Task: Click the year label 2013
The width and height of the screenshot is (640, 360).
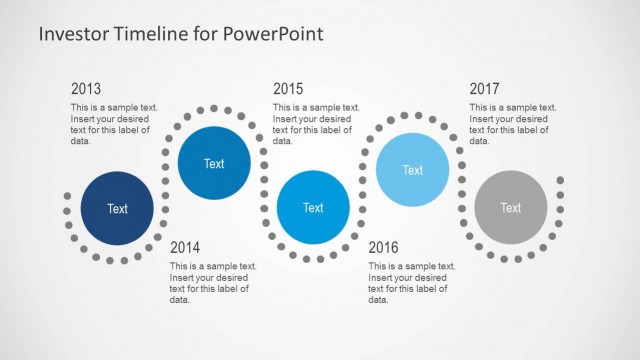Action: point(86,89)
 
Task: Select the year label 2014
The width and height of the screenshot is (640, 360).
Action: point(186,247)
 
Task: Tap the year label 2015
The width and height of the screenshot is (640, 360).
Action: point(288,89)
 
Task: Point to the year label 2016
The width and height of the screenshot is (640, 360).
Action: point(384,247)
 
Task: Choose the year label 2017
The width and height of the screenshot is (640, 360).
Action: point(485,89)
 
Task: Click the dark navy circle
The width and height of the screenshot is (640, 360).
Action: point(118,209)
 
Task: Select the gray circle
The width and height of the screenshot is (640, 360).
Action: point(510,208)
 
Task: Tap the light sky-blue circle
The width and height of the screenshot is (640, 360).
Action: point(412,170)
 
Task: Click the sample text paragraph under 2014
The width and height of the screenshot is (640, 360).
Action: point(213,282)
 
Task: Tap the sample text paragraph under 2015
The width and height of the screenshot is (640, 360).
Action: point(315,124)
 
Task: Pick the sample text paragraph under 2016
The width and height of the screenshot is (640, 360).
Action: point(411,282)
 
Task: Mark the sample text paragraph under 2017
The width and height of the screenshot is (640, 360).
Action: point(512,124)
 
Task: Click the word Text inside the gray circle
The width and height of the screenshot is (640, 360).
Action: point(510,208)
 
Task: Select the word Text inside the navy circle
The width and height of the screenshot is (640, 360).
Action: point(118,209)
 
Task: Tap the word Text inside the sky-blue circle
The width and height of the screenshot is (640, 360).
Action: point(412,170)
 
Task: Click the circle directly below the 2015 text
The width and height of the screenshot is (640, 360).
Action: point(313,208)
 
